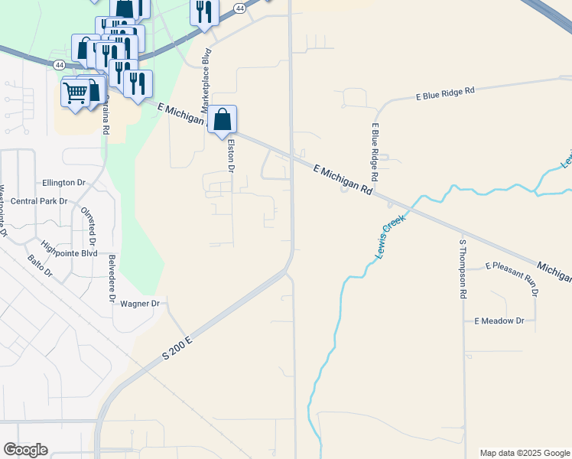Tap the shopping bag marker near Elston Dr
tap(222, 120)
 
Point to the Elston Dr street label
tap(229, 157)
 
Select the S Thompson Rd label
tap(463, 269)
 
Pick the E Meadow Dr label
tap(499, 321)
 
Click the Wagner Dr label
tap(139, 304)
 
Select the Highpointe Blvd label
tap(70, 252)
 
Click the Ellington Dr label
tap(64, 183)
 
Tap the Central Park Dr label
tap(39, 201)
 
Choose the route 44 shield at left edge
tap(60, 65)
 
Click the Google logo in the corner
tap(25, 450)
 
